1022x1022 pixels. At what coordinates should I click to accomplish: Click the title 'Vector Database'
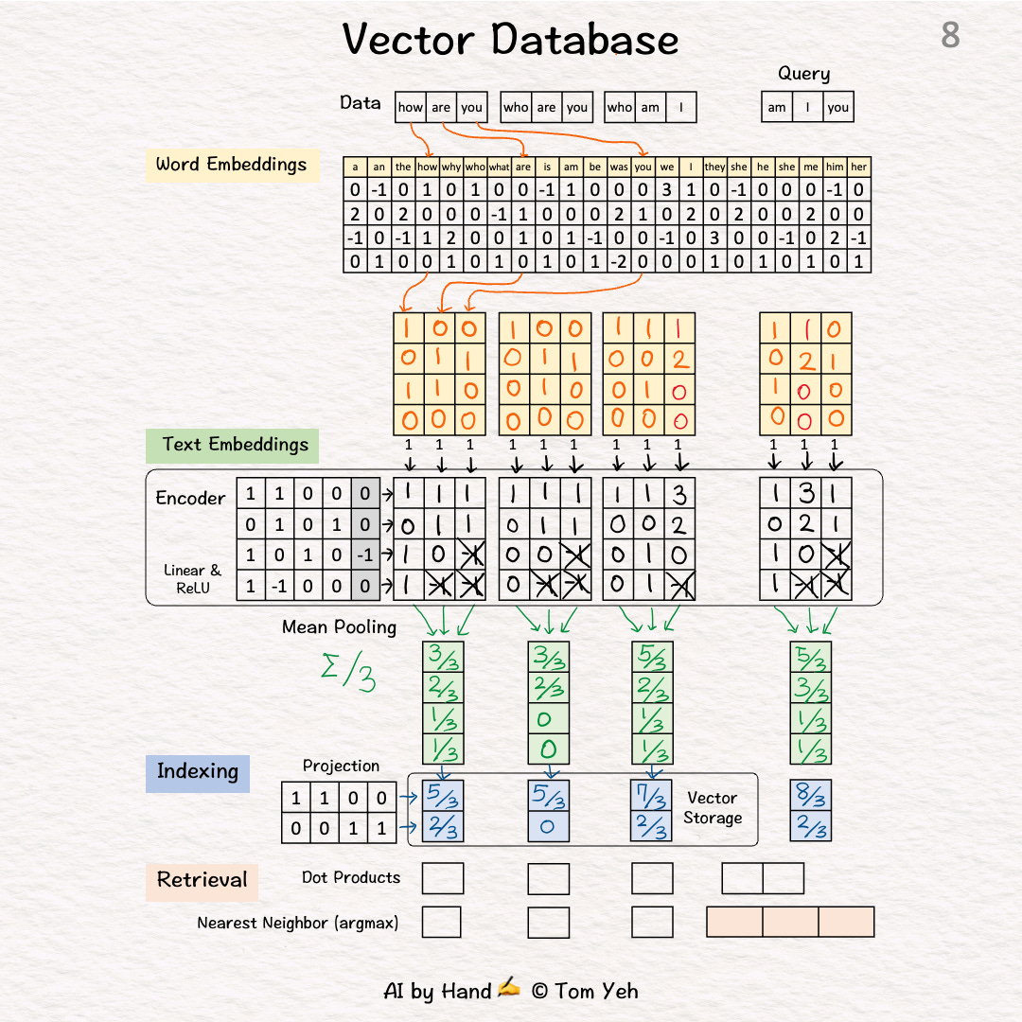click(x=510, y=40)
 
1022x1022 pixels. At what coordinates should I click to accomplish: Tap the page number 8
click(x=950, y=36)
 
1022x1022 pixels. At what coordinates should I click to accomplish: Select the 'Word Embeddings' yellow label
click(x=231, y=165)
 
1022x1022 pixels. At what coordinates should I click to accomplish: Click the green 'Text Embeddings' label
click(x=235, y=445)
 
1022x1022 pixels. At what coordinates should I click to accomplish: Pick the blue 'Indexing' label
click(x=197, y=772)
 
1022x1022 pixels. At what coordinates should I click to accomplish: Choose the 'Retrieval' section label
click(x=202, y=880)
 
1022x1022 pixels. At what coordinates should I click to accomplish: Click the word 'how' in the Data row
click(x=410, y=107)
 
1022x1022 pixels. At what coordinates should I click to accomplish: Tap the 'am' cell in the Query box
click(x=777, y=107)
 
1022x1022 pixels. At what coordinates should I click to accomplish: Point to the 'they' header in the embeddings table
click(x=715, y=167)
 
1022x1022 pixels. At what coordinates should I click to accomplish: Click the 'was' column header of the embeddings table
click(x=619, y=167)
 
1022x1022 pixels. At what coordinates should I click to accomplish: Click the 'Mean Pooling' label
click(x=339, y=627)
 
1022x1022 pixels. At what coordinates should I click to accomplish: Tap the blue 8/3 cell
click(x=811, y=796)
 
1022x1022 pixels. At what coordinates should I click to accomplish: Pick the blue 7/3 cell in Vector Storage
click(x=651, y=796)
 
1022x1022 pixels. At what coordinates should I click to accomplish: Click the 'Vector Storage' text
click(x=714, y=808)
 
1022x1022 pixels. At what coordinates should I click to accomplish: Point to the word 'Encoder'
click(x=190, y=498)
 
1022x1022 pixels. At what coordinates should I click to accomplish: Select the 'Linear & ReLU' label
click(x=192, y=578)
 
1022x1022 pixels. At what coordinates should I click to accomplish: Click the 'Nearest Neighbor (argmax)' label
click(x=297, y=923)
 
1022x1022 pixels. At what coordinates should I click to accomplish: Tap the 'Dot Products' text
click(x=351, y=878)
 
